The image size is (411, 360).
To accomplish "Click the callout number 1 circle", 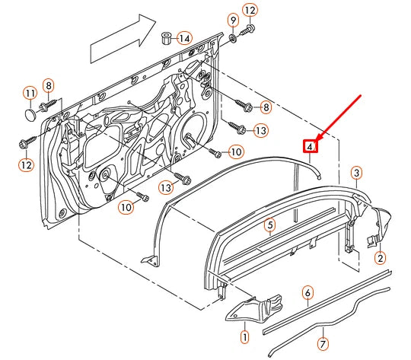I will pos(244,336).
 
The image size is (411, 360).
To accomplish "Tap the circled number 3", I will pos(356,174).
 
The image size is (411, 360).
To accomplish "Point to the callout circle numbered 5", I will pos(269,225).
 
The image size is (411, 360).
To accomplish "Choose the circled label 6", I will pos(307,292).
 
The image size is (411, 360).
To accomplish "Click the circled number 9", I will pos(233,18).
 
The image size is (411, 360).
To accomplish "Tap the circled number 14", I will pos(186,37).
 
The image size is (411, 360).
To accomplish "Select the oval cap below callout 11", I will pos(30,113).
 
